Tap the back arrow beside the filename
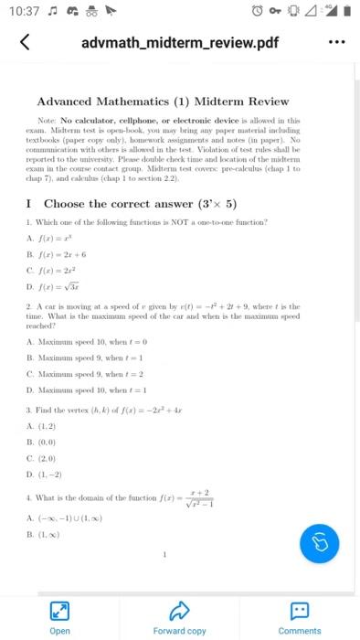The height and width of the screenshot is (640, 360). tap(25, 43)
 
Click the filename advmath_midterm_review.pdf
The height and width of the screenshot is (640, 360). tap(179, 43)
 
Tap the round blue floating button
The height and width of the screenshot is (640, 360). tap(320, 542)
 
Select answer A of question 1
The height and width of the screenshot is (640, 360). tap(57, 240)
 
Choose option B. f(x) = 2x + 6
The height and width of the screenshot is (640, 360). tap(62, 256)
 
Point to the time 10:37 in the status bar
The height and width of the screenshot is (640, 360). tap(22, 11)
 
